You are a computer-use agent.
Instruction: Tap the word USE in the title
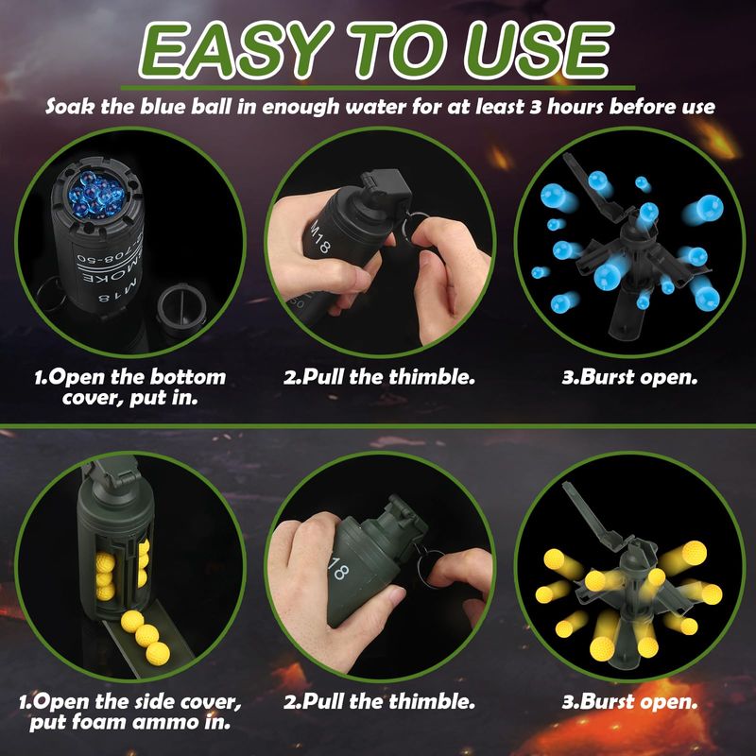(x=538, y=50)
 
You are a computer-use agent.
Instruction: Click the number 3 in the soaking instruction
(x=535, y=106)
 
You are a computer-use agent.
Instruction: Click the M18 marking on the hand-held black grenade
(x=320, y=236)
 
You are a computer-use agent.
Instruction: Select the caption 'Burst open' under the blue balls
(x=629, y=377)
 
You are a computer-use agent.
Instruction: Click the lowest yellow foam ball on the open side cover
(x=157, y=653)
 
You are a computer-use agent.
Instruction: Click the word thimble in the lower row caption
(x=432, y=701)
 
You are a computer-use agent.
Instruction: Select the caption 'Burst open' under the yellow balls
(x=629, y=701)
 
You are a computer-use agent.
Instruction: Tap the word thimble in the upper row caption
(x=432, y=377)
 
